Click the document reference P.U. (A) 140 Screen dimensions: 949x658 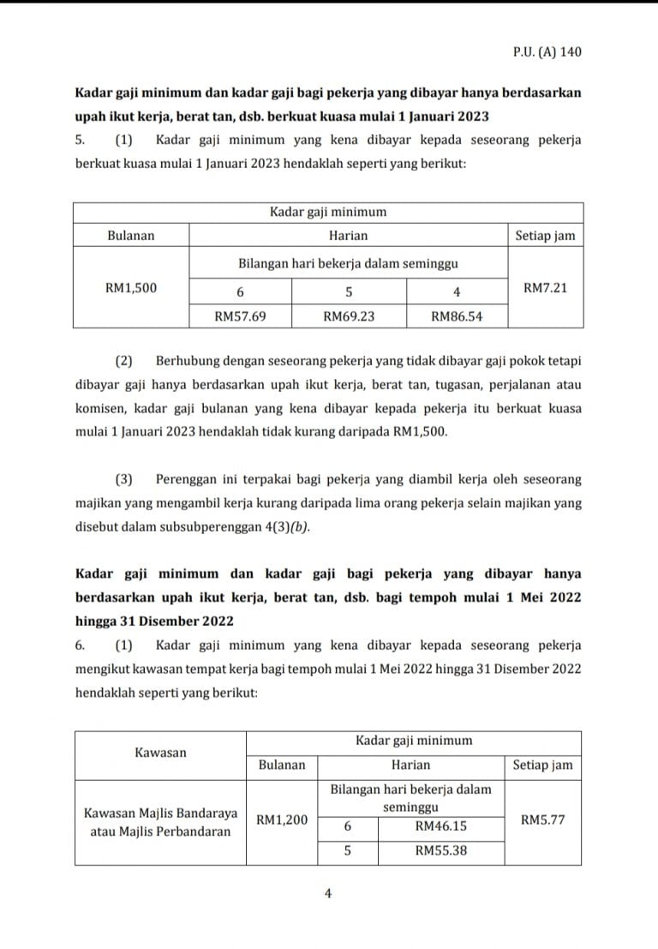click(x=541, y=52)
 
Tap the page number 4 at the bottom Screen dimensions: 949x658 click(x=328, y=893)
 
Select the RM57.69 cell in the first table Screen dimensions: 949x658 click(x=240, y=316)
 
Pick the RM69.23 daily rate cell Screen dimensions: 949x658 click(x=349, y=316)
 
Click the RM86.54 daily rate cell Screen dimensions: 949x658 click(x=457, y=316)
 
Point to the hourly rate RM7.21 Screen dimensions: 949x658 click(x=545, y=288)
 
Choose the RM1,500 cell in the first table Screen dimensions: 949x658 click(x=131, y=288)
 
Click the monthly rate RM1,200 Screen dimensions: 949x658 click(x=282, y=820)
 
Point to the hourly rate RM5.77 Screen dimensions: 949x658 click(x=542, y=820)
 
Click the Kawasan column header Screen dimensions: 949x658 click(x=160, y=753)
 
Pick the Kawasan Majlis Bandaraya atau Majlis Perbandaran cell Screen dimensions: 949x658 click(x=160, y=821)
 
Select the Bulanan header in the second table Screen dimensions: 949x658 click(x=282, y=765)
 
